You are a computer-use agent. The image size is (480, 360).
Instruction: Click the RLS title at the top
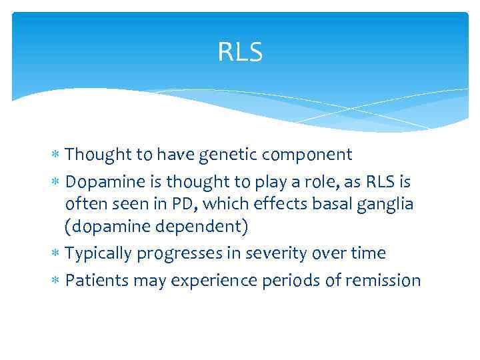pyautogui.click(x=240, y=52)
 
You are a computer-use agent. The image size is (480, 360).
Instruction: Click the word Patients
pyautogui.click(x=97, y=280)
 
